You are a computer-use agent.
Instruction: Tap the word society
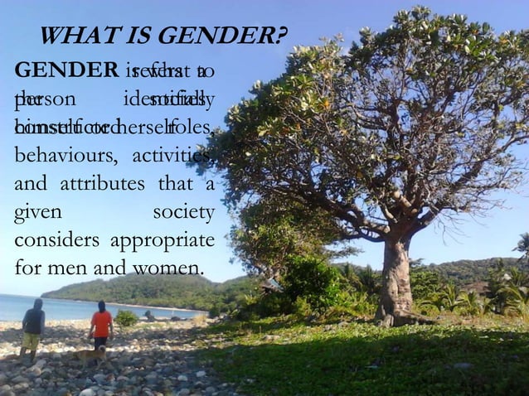[x=184, y=212]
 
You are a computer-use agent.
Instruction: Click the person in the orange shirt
[x=101, y=324]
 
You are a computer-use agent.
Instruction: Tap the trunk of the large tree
[x=396, y=282]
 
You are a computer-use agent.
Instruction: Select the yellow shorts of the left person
[x=32, y=340]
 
